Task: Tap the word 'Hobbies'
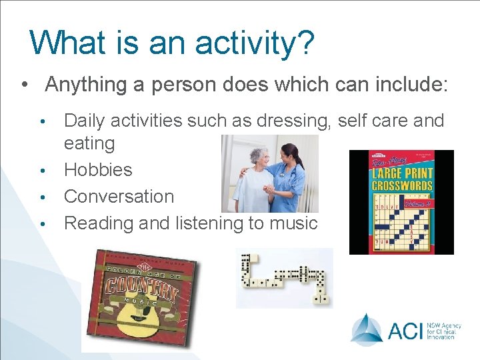pyautogui.click(x=98, y=169)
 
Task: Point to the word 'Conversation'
pyautogui.click(x=119, y=196)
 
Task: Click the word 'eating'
pyautogui.click(x=89, y=143)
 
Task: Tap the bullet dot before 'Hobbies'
pyautogui.click(x=42, y=171)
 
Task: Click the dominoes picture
pyautogui.click(x=285, y=278)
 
